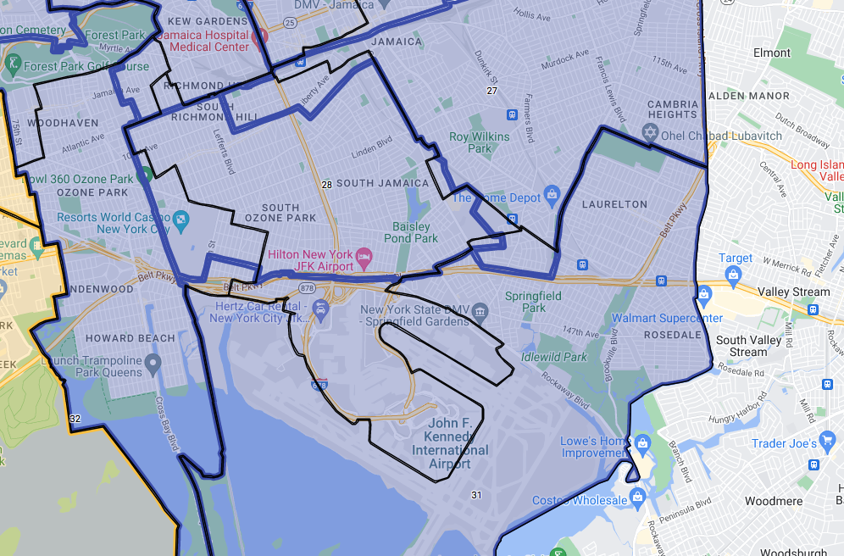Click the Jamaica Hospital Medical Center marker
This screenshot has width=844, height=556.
pos(262,38)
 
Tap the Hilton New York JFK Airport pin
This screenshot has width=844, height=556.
pos(364,255)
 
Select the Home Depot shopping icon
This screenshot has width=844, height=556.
pos(552,197)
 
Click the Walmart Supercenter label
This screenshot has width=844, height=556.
pos(668,319)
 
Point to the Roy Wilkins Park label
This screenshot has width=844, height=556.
pos(480,142)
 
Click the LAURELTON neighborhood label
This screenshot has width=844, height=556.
pos(614,204)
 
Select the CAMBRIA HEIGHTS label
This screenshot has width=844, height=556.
pos(673,109)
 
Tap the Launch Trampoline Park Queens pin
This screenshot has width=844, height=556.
pos(153,365)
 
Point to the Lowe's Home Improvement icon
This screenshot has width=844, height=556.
pos(642,442)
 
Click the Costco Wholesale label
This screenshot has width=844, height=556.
pos(580,501)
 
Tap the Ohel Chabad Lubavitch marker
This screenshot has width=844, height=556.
pos(651,133)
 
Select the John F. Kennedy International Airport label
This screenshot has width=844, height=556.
pos(450,443)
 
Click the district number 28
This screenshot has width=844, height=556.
pos(326,184)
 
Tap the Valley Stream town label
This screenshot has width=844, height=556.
pos(794,292)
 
